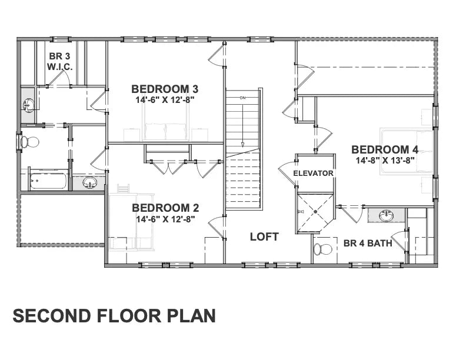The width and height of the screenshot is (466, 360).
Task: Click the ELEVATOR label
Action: pyautogui.click(x=313, y=173)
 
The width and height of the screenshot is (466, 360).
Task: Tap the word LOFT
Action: pyautogui.click(x=264, y=236)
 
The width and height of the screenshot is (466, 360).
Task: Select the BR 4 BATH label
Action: pyautogui.click(x=368, y=243)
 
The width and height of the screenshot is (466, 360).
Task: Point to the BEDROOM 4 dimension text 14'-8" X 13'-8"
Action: pyautogui.click(x=385, y=160)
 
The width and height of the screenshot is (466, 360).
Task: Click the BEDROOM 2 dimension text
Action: pyautogui.click(x=165, y=219)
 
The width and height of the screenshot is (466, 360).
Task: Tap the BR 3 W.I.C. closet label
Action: pyautogui.click(x=60, y=61)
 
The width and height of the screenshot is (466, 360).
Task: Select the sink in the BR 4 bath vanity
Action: pyautogui.click(x=387, y=216)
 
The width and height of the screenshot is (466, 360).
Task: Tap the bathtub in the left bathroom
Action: pyautogui.click(x=47, y=179)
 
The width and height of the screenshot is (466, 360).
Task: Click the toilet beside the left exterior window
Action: pyautogui.click(x=30, y=142)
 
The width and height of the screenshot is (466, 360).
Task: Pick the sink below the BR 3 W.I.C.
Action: pyautogui.click(x=28, y=105)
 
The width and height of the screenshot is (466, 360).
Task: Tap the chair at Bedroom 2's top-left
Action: pyautogui.click(x=123, y=189)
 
